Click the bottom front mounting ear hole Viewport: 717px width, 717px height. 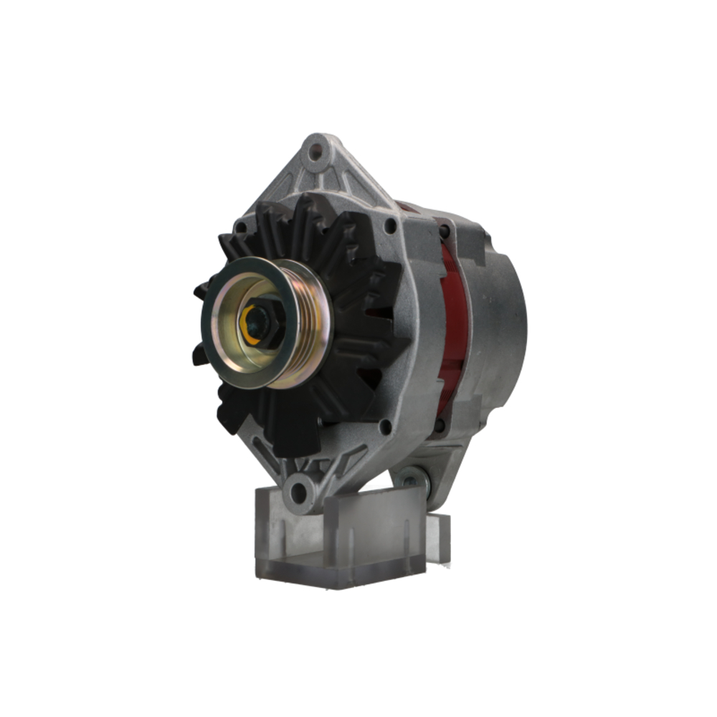click(x=298, y=490)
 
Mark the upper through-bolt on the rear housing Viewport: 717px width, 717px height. click(x=445, y=231)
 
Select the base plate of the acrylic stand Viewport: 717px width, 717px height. click(x=337, y=577)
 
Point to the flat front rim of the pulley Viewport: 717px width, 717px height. click(x=215, y=337)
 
